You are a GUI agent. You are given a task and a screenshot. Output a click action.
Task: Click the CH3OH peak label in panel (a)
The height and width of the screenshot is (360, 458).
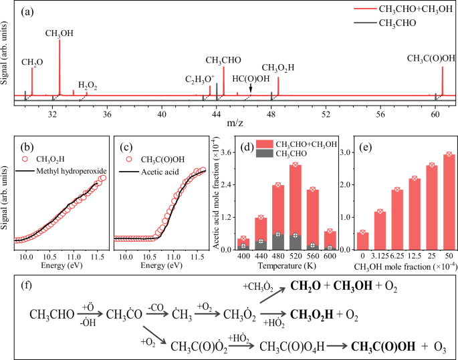(59, 33)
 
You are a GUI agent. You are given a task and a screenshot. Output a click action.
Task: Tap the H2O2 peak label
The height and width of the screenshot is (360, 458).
(88, 85)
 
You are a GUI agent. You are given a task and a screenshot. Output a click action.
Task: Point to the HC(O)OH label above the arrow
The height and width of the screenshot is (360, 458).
(251, 78)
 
